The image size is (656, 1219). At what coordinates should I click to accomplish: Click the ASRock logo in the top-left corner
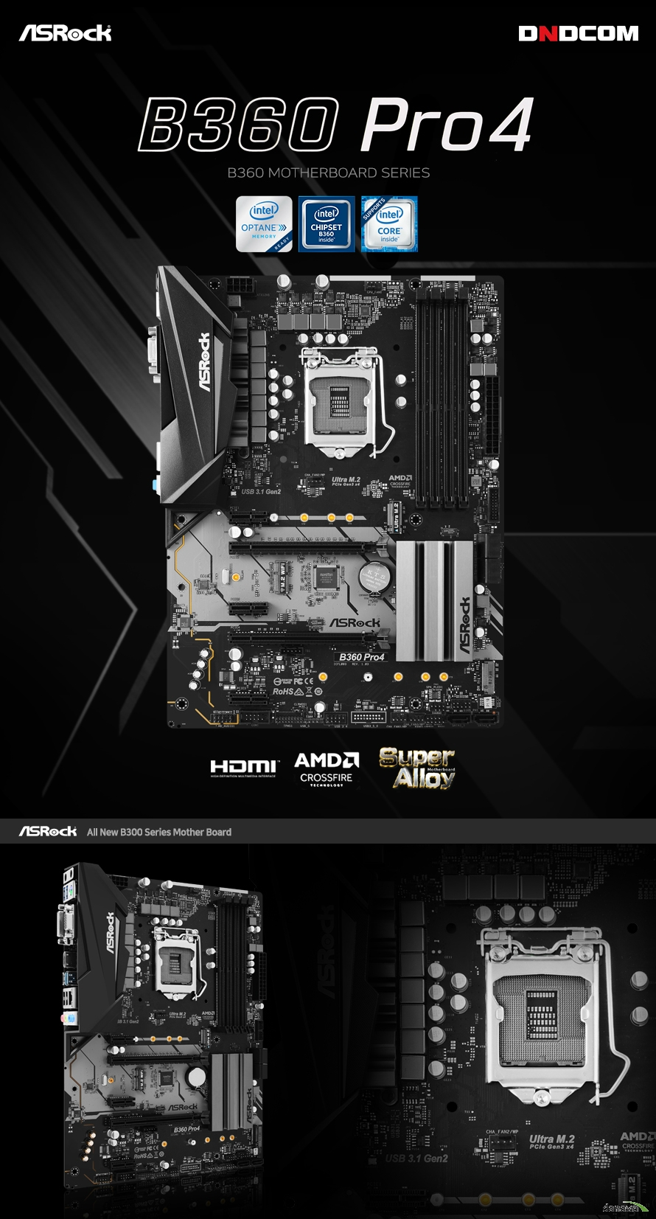click(65, 33)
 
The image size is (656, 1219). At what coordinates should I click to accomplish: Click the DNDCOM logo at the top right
click(578, 34)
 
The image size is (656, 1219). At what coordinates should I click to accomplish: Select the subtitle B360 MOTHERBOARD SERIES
click(328, 173)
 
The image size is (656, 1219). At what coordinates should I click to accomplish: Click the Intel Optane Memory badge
click(264, 224)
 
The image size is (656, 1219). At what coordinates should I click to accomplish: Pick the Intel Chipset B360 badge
click(327, 224)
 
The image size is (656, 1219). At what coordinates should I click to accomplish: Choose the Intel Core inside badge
click(389, 224)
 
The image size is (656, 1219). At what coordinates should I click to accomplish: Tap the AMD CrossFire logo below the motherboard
click(327, 768)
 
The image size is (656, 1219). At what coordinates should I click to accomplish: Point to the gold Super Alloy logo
click(417, 768)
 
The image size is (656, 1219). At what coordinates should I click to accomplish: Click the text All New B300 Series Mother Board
click(159, 832)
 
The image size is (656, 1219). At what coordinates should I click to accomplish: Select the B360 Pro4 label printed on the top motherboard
click(361, 656)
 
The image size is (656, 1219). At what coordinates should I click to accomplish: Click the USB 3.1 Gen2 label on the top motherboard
click(261, 491)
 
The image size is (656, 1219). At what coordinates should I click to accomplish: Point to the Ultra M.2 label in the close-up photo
click(551, 1140)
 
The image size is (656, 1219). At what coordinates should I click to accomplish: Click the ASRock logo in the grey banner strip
click(48, 832)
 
